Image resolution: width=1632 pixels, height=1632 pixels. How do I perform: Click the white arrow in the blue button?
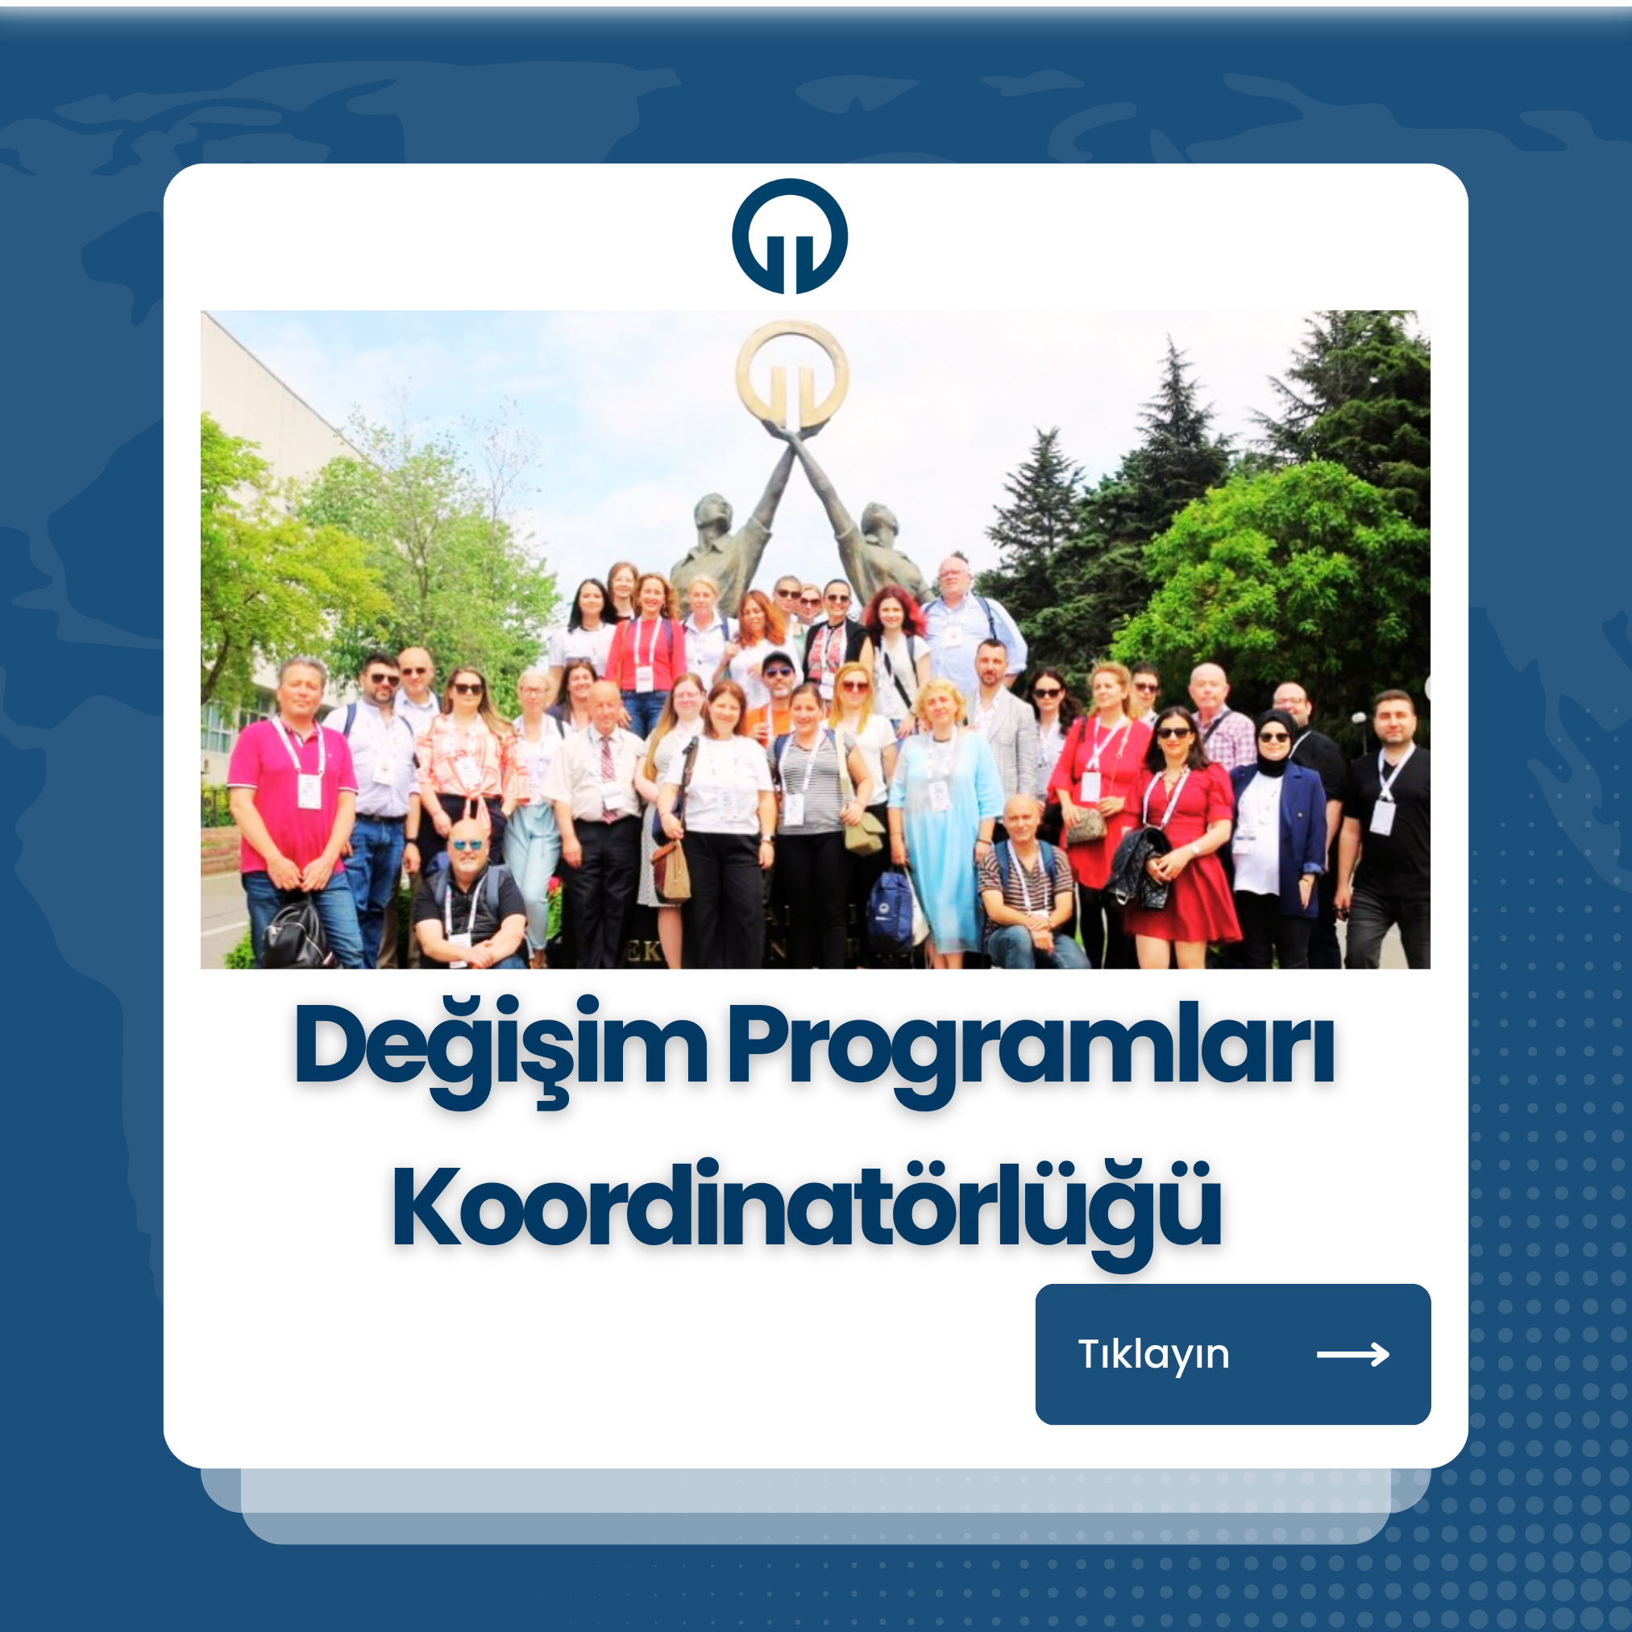[1352, 1355]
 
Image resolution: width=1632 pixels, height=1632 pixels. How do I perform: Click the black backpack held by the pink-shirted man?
[295, 933]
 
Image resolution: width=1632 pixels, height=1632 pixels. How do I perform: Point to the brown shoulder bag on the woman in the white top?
[671, 870]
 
